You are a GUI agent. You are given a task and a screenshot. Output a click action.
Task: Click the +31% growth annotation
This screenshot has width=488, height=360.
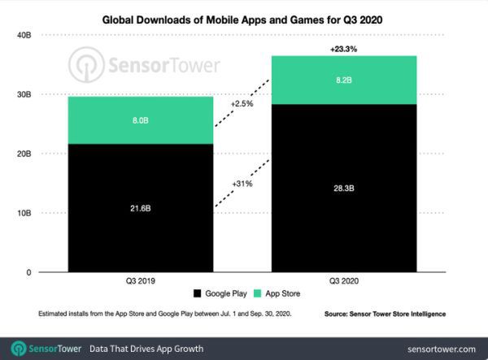(242, 184)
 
